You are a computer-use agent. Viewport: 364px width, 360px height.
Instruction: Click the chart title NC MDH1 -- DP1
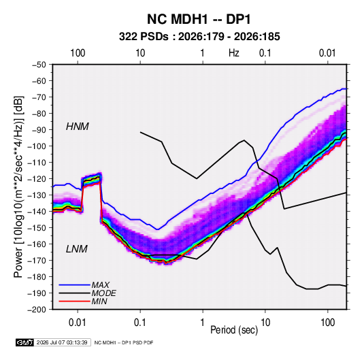pyautogui.click(x=199, y=19)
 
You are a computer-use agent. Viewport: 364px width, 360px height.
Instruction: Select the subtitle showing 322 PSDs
pyautogui.click(x=199, y=37)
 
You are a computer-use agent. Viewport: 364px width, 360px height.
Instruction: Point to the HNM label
pyautogui.click(x=78, y=127)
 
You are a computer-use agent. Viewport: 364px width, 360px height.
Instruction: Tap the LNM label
pyautogui.click(x=77, y=249)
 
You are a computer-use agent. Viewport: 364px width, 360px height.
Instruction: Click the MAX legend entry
pyautogui.click(x=100, y=285)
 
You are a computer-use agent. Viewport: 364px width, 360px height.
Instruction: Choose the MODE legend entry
pyautogui.click(x=103, y=293)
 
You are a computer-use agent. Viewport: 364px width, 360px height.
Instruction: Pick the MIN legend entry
pyautogui.click(x=99, y=301)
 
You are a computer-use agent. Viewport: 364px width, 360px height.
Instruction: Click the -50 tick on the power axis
pyautogui.click(x=39, y=65)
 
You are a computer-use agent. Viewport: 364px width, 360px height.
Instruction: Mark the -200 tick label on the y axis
pyautogui.click(x=37, y=310)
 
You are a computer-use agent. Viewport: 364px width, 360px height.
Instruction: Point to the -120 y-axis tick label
pyautogui.click(x=37, y=179)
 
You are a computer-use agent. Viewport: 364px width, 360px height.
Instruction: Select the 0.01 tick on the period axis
pyautogui.click(x=78, y=323)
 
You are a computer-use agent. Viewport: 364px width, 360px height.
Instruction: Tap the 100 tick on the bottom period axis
pyautogui.click(x=327, y=323)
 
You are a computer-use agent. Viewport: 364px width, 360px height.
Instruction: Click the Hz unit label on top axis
pyautogui.click(x=234, y=53)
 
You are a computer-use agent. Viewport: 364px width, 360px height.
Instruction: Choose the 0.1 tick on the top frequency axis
pyautogui.click(x=265, y=53)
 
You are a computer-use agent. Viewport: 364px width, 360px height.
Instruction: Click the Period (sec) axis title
pyautogui.click(x=234, y=330)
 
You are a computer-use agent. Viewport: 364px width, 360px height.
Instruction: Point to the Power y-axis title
pyautogui.click(x=18, y=187)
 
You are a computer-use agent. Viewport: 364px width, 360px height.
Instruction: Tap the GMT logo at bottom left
pyautogui.click(x=25, y=342)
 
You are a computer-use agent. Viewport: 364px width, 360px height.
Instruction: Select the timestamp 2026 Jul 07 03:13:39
pyautogui.click(x=62, y=342)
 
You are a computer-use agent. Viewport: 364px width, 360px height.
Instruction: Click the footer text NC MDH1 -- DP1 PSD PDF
pyautogui.click(x=124, y=342)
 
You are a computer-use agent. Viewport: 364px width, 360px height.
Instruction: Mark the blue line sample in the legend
pyautogui.click(x=74, y=285)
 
